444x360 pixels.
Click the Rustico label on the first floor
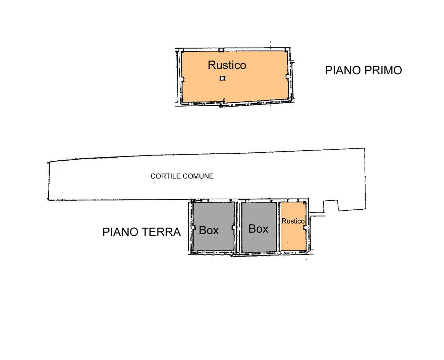(227, 65)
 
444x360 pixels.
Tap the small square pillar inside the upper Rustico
(223, 78)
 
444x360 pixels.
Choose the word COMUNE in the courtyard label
(199, 176)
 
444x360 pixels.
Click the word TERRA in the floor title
(164, 232)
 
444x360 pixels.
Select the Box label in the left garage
(209, 230)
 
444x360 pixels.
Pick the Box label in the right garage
(258, 229)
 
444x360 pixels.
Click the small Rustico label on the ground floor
(293, 221)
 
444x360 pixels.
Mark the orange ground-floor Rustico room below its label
(293, 238)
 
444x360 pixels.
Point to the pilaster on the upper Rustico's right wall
(287, 77)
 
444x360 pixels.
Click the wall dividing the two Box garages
(238, 227)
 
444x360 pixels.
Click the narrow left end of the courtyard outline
(49, 181)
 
